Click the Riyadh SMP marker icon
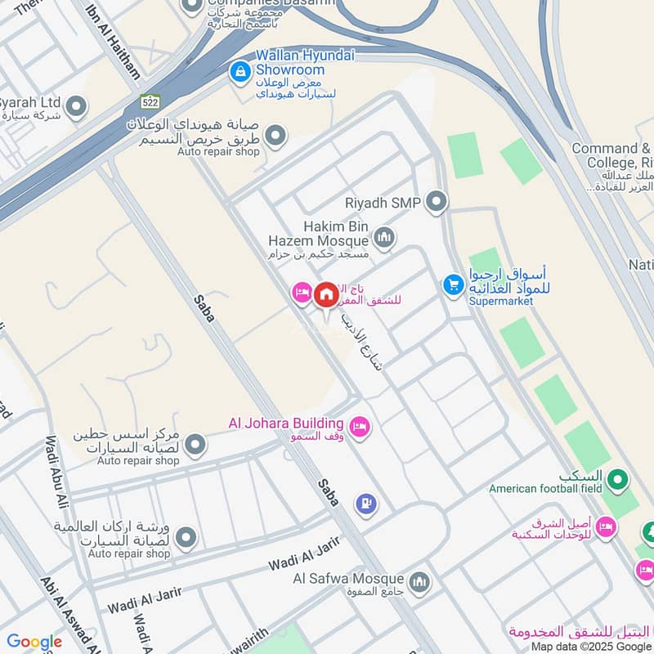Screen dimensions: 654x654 [437, 200]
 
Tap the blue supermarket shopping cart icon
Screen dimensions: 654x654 [452, 284]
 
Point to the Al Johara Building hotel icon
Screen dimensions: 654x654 [359, 426]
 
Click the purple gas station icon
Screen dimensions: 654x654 [367, 504]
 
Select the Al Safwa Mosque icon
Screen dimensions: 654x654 [419, 582]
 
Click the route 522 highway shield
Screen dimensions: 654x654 [149, 101]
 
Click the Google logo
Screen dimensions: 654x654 [34, 642]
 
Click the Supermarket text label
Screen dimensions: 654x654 [500, 301]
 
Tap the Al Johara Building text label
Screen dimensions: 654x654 [285, 423]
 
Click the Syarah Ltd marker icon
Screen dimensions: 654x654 [76, 105]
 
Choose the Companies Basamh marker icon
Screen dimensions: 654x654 [192, 7]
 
